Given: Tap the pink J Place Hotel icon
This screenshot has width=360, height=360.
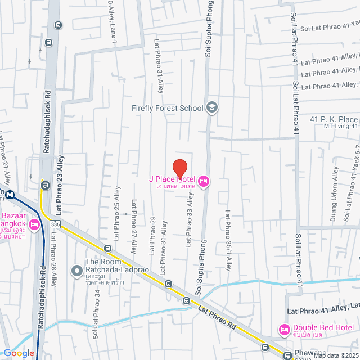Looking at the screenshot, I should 204,181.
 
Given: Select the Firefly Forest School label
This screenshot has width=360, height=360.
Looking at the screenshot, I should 167,107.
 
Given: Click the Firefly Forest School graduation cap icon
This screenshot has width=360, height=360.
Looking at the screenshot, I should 212,107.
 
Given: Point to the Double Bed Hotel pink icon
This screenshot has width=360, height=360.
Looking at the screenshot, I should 283,329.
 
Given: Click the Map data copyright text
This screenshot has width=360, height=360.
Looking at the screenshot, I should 335,355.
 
